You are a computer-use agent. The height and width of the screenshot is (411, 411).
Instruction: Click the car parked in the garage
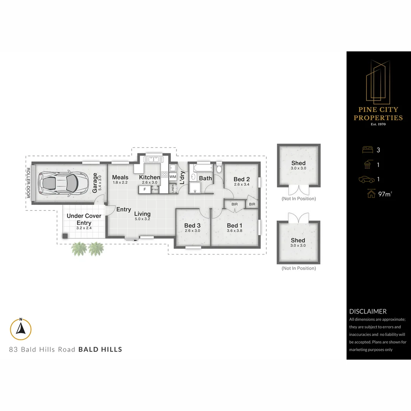60,183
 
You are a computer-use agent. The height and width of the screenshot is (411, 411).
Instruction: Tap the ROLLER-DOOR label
28,183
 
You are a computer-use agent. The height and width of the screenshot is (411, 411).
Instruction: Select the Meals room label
120,177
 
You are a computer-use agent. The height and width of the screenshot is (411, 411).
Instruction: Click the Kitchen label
150,177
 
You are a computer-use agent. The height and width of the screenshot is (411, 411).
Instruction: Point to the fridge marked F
145,189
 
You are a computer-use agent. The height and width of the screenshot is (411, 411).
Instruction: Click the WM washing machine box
173,177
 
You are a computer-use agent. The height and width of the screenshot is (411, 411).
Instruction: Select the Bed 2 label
242,179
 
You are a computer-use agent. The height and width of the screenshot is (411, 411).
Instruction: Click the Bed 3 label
192,225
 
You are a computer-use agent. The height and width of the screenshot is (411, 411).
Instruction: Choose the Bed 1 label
234,225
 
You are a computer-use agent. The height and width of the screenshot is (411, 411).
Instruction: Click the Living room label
142,214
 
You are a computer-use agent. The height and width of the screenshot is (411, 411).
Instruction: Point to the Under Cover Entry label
84,219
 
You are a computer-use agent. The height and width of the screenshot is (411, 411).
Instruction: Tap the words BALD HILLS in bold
100,349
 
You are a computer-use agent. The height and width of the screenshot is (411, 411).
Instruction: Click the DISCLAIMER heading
368,311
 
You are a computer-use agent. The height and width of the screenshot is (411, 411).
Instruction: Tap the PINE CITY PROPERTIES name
378,114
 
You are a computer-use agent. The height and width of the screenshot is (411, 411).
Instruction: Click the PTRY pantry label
155,190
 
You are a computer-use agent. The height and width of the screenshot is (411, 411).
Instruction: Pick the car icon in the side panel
366,179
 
